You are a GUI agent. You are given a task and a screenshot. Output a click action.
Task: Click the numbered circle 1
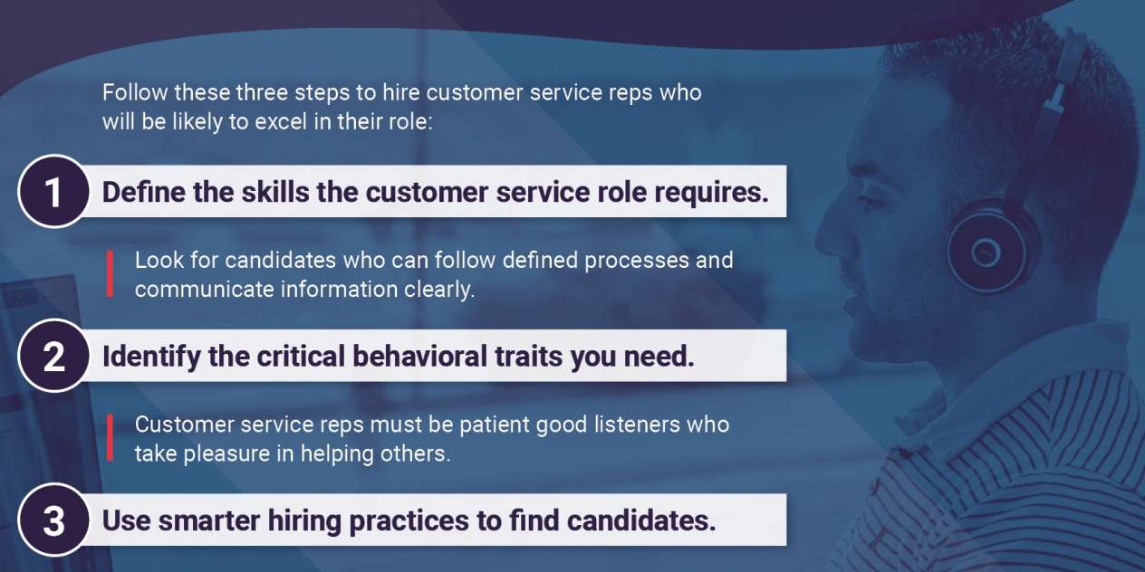53,192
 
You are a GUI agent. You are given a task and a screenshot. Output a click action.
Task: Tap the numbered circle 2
53,356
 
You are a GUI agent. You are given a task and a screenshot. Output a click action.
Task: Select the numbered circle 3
53,520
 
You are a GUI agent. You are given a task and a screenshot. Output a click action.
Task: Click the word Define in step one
144,192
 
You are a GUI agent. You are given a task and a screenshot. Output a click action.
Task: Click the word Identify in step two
151,357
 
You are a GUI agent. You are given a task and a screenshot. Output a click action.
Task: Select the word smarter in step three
208,521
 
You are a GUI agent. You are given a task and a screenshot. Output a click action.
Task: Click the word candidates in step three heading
641,520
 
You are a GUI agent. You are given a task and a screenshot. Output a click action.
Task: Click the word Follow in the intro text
135,92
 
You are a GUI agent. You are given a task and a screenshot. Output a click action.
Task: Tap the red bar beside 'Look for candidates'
110,273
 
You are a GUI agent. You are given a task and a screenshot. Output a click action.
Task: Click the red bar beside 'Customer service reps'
110,438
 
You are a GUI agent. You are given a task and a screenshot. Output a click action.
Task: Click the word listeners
637,424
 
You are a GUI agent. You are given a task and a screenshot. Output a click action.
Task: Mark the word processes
636,261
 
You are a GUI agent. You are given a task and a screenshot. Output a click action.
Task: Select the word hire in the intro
400,92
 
